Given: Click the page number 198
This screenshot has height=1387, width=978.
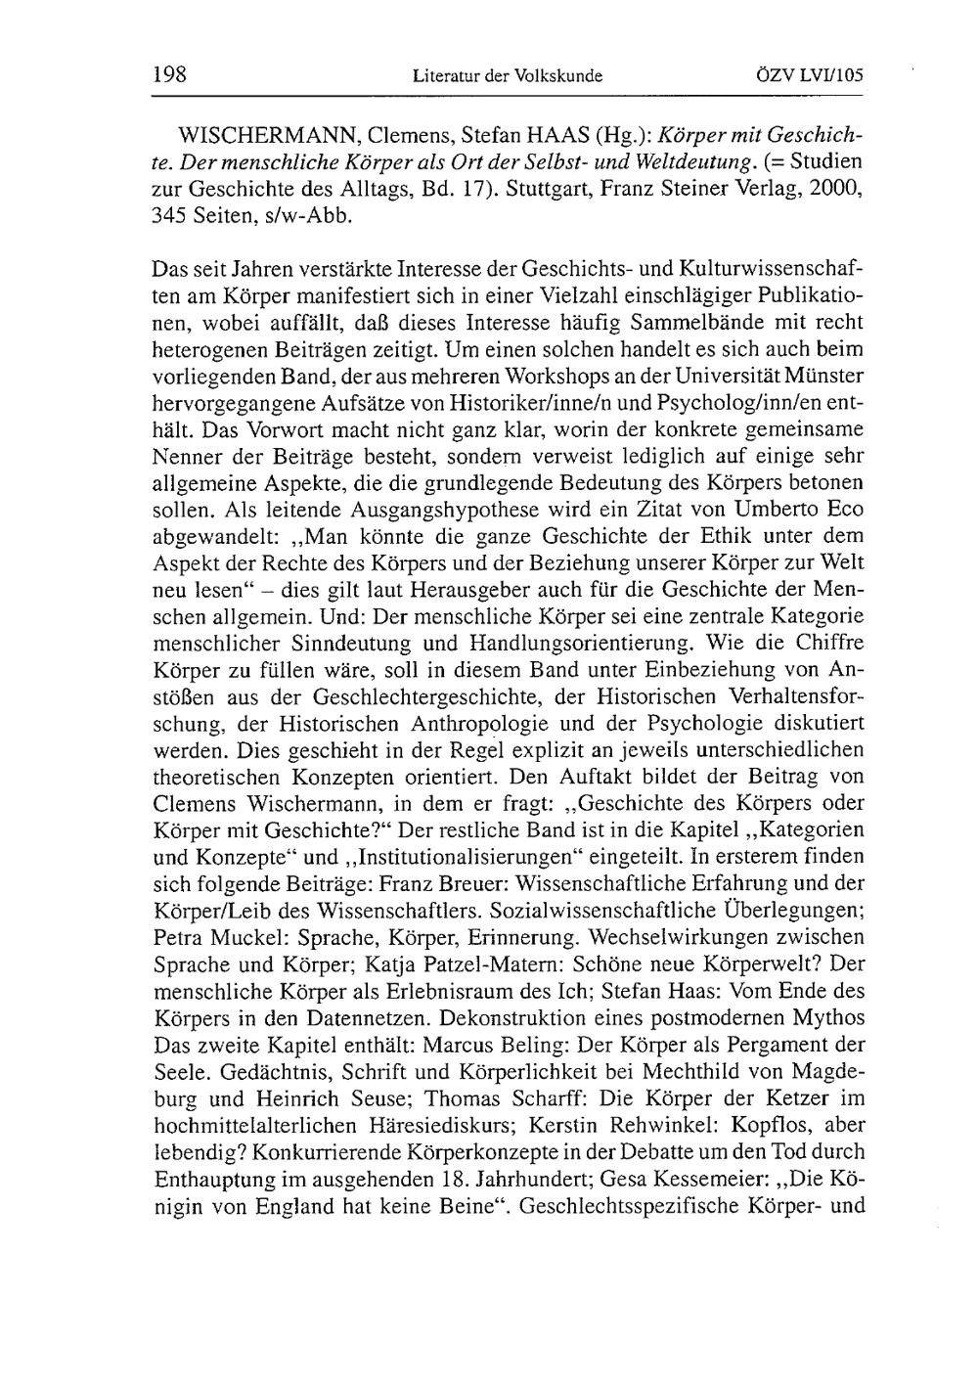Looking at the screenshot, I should (169, 74).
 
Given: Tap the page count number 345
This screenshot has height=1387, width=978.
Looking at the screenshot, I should (173, 215).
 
